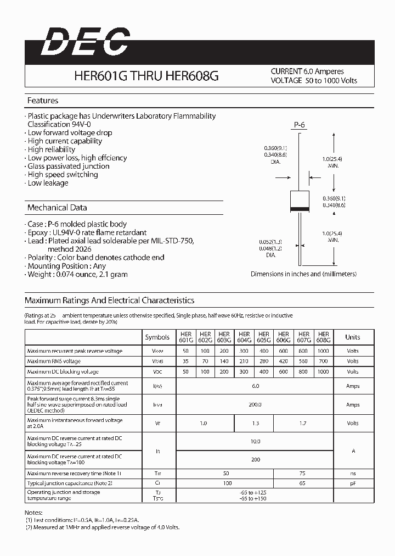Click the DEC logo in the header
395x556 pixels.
86,42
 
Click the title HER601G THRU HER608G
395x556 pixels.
146,76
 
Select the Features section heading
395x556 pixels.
43,101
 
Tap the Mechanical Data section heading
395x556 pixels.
57,208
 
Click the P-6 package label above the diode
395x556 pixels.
299,125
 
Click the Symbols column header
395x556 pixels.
157,337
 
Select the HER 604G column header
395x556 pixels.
244,337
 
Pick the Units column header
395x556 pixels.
353,337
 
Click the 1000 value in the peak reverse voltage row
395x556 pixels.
324,351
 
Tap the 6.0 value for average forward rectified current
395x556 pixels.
255,386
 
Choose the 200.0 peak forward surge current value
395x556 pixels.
255,404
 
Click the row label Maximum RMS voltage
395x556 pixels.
54,361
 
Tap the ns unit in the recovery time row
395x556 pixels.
353,473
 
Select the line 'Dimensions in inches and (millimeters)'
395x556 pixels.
303,274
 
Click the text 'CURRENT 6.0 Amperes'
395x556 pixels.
307,71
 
